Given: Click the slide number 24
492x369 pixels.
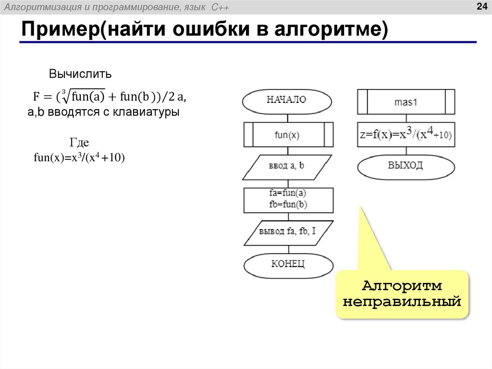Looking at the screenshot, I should (x=481, y=6).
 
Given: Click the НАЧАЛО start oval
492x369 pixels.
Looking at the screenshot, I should (x=287, y=101).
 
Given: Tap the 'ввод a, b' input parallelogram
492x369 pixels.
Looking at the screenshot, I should (x=287, y=166).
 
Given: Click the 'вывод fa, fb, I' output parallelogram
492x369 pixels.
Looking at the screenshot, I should (x=287, y=232).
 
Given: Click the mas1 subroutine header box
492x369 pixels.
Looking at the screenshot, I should (x=406, y=102).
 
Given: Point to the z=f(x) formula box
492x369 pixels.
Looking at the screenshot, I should (x=406, y=135).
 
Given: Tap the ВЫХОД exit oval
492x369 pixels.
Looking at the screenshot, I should (x=406, y=166).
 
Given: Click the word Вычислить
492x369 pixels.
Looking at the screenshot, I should (x=80, y=74).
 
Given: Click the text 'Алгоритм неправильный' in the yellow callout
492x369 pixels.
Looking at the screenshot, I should (x=402, y=294).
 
